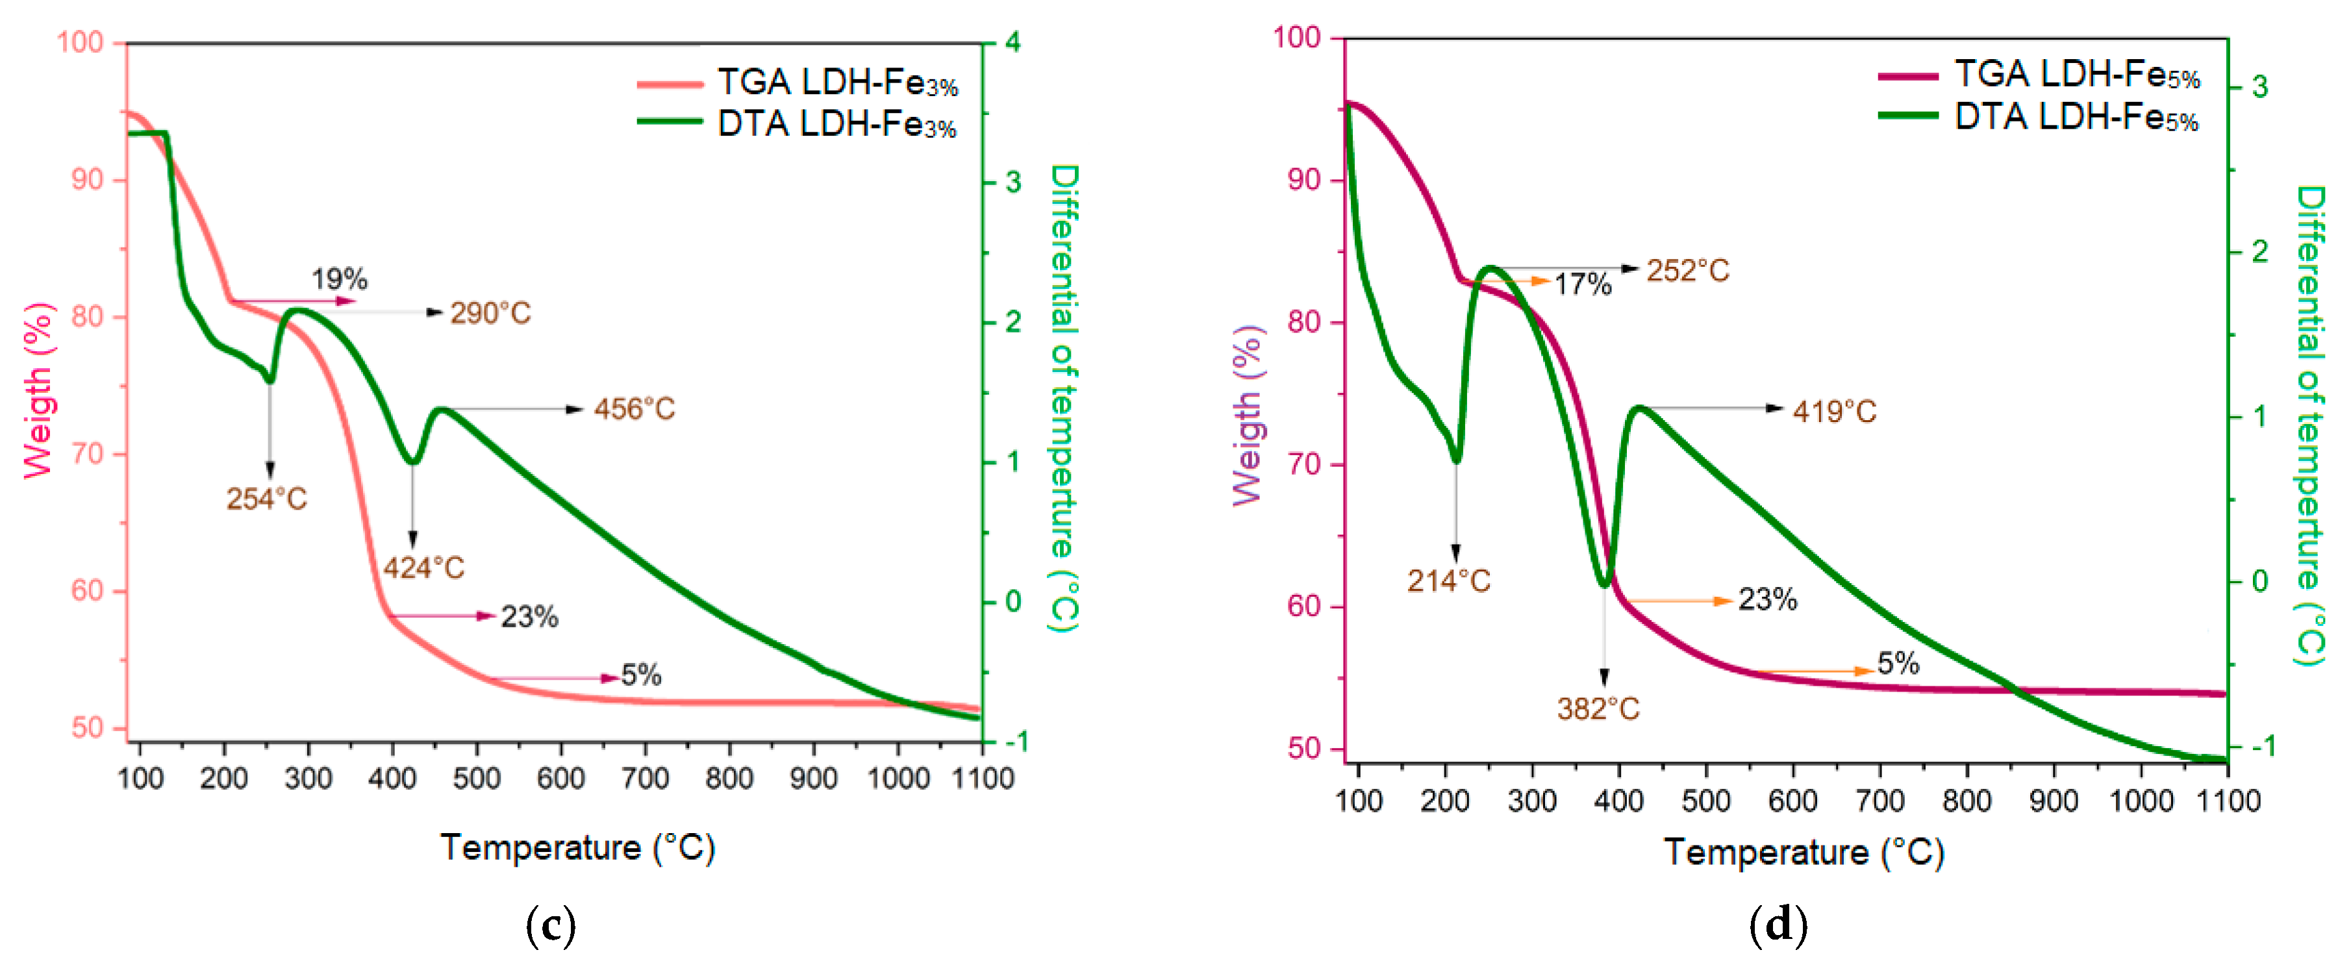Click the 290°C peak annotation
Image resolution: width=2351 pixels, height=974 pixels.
(x=490, y=313)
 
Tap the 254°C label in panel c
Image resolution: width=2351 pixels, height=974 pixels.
(x=266, y=499)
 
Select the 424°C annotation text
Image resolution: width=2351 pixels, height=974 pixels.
(x=423, y=568)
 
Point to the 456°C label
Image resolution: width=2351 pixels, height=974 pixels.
(x=635, y=409)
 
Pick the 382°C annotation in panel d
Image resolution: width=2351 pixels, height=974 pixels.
(x=1598, y=708)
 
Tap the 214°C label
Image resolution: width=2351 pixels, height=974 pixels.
(x=1448, y=581)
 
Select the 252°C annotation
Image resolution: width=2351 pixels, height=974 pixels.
(x=1687, y=270)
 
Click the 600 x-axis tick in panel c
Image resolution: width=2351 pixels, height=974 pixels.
(x=560, y=779)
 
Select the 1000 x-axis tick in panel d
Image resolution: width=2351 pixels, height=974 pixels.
(x=2140, y=801)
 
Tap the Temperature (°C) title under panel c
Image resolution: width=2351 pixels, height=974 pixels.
(x=577, y=848)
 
